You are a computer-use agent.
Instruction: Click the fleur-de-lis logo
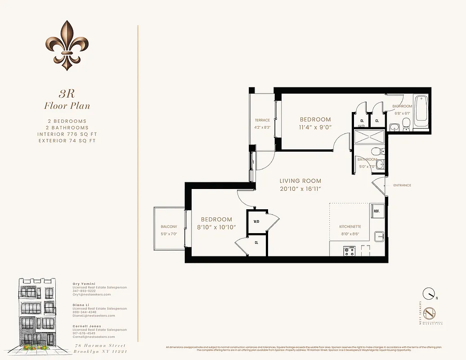tap(67, 45)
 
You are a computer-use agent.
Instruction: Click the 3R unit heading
tap(67, 94)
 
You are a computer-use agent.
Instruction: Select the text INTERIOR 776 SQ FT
tap(67, 134)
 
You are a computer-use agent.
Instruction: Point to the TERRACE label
tap(262, 120)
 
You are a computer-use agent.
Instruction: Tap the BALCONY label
tap(169, 227)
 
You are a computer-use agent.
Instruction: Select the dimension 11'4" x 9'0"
tap(315, 127)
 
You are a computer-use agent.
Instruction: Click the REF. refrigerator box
tap(376, 211)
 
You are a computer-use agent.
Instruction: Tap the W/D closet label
tap(256, 221)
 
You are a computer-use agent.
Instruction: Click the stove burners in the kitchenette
tap(349, 251)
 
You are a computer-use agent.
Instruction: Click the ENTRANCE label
tap(402, 185)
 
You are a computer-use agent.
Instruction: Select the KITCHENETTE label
tap(350, 227)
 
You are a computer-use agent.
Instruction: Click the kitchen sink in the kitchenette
tap(379, 235)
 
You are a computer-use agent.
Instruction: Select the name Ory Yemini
tap(84, 284)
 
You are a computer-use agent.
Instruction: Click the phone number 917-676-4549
tap(84, 333)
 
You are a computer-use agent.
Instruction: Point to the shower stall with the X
tap(368, 136)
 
